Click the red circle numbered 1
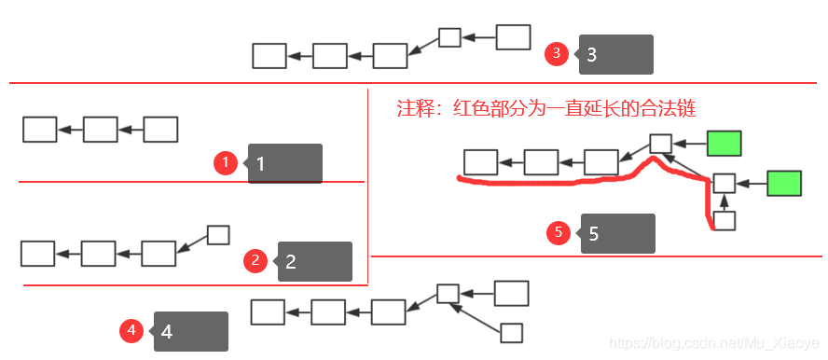(x=226, y=164)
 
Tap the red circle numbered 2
(x=255, y=261)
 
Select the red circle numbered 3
(x=557, y=53)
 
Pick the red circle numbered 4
(x=131, y=330)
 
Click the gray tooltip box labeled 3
(x=617, y=54)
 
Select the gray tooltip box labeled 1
(x=286, y=163)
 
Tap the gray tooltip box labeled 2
(x=316, y=261)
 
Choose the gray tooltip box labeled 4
(x=192, y=331)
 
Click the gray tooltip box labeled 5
(x=619, y=233)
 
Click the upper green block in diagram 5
(x=724, y=144)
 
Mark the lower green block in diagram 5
(x=783, y=183)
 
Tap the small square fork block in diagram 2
(x=218, y=235)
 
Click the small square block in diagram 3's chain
(x=450, y=37)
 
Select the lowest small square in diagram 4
(x=512, y=332)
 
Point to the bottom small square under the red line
(x=724, y=221)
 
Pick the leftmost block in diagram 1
(x=40, y=130)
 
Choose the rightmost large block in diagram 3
(x=513, y=37)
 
